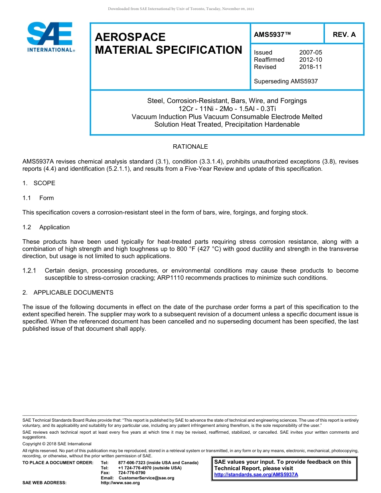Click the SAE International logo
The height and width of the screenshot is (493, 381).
pyautogui.click(x=50, y=37)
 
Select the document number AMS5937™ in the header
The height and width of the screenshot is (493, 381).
pyautogui.click(x=272, y=34)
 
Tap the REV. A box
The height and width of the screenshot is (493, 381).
pyautogui.click(x=344, y=34)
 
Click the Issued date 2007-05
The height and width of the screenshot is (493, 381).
pyautogui.click(x=310, y=53)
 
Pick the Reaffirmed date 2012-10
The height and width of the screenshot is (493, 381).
pyautogui.click(x=310, y=60)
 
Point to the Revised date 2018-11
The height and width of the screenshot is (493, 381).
pyautogui.click(x=310, y=67)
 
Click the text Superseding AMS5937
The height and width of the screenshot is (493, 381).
pyautogui.click(x=286, y=81)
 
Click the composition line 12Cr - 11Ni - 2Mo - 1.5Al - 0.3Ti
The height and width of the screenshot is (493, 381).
pyautogui.click(x=227, y=109)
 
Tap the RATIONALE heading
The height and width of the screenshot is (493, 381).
pyautogui.click(x=190, y=147)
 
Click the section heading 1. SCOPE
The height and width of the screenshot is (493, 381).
pyautogui.click(x=39, y=183)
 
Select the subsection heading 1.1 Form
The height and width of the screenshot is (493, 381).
pyautogui.click(x=38, y=198)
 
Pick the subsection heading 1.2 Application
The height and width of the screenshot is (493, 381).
pyautogui.click(x=46, y=227)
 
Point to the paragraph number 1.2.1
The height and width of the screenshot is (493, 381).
pyautogui.click(x=29, y=271)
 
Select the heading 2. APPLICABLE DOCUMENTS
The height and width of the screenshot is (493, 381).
pyautogui.click(x=68, y=293)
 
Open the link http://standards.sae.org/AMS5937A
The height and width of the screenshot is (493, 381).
pyautogui.click(x=256, y=475)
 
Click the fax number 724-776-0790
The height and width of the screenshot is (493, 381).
pyautogui.click(x=132, y=473)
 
